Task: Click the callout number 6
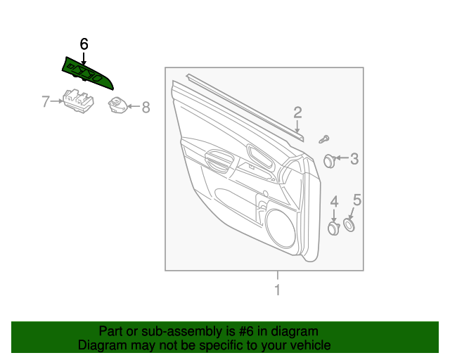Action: pos(84,44)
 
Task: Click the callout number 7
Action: pos(46,102)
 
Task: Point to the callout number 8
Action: pos(146,108)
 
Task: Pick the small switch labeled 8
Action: pos(117,105)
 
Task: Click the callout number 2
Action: pos(297,112)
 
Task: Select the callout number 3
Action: pos(354,159)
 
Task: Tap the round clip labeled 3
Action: pos(329,160)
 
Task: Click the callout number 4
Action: pos(334,202)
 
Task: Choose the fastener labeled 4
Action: pos(334,228)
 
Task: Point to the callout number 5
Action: pos(356,200)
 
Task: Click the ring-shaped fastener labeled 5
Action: pos(349,225)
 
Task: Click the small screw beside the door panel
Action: pos(325,139)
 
